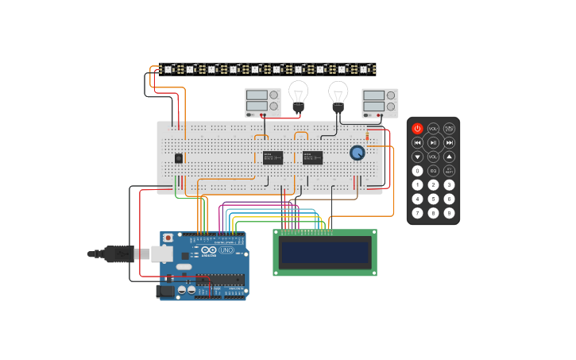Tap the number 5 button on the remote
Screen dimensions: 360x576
(x=433, y=199)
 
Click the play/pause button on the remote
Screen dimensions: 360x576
(x=433, y=142)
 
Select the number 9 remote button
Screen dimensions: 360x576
(x=449, y=213)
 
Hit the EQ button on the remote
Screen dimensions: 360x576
(x=433, y=171)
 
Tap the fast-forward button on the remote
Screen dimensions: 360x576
(x=449, y=142)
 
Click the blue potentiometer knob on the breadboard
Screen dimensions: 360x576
(x=358, y=153)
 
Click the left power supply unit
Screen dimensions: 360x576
(x=262, y=102)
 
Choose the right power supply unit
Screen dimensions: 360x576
(x=380, y=103)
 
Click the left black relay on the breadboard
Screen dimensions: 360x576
(x=273, y=157)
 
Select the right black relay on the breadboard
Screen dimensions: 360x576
(x=312, y=157)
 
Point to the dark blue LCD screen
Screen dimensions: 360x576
(x=325, y=253)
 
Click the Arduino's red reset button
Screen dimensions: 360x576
(x=168, y=238)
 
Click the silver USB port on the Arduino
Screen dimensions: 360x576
(x=162, y=254)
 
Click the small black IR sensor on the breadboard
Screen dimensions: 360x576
(x=179, y=158)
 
